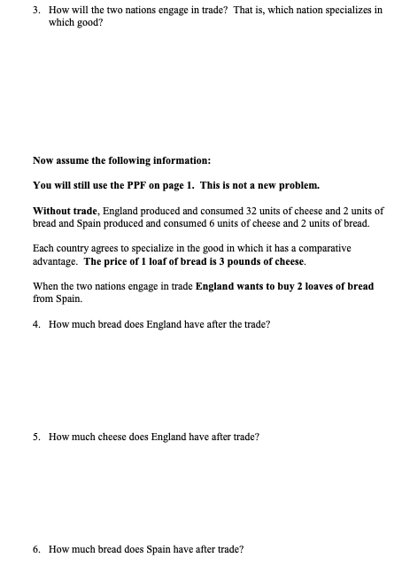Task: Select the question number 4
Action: click(x=35, y=324)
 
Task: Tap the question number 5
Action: click(x=35, y=438)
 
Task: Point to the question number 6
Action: click(x=35, y=549)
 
